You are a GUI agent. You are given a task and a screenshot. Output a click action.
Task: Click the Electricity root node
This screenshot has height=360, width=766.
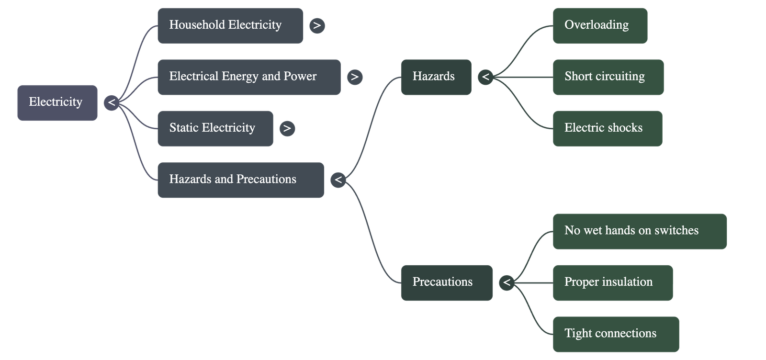click(x=57, y=102)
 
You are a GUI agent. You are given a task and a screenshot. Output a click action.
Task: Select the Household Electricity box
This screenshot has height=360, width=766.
click(x=230, y=25)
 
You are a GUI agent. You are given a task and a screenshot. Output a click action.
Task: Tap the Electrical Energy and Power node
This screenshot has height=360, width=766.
click(x=249, y=77)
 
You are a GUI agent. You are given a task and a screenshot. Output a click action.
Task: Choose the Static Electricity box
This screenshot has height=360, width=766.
click(x=215, y=128)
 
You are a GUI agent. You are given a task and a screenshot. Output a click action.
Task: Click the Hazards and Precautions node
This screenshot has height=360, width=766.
click(x=240, y=180)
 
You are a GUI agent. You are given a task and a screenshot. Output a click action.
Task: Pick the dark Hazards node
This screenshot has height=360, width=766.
click(x=436, y=77)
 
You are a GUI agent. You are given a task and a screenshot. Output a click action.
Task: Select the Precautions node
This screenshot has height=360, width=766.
click(x=447, y=282)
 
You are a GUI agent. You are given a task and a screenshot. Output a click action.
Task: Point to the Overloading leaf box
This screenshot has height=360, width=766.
click(x=600, y=25)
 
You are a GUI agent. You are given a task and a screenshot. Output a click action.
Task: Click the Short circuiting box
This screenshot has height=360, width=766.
click(x=608, y=77)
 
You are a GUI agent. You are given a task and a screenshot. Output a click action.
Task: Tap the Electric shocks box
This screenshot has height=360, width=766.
click(x=608, y=128)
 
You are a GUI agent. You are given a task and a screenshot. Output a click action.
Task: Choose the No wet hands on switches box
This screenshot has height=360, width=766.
click(x=640, y=231)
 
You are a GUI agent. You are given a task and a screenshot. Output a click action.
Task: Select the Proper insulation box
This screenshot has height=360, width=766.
click(x=613, y=282)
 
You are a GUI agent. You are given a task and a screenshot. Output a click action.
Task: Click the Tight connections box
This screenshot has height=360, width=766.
click(x=616, y=334)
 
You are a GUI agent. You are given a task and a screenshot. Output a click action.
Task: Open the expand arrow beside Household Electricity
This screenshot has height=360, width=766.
click(x=316, y=25)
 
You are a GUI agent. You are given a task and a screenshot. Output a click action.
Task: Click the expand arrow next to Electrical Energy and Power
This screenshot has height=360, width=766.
click(x=354, y=77)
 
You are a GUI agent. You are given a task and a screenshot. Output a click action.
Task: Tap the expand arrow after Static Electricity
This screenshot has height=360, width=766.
click(x=287, y=128)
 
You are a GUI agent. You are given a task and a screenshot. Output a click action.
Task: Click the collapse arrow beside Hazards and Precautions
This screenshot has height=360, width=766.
click(x=338, y=180)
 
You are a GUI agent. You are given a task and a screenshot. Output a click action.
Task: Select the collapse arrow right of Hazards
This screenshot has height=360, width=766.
click(x=485, y=77)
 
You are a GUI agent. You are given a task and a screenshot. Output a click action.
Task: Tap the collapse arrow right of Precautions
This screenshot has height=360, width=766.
click(x=506, y=282)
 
